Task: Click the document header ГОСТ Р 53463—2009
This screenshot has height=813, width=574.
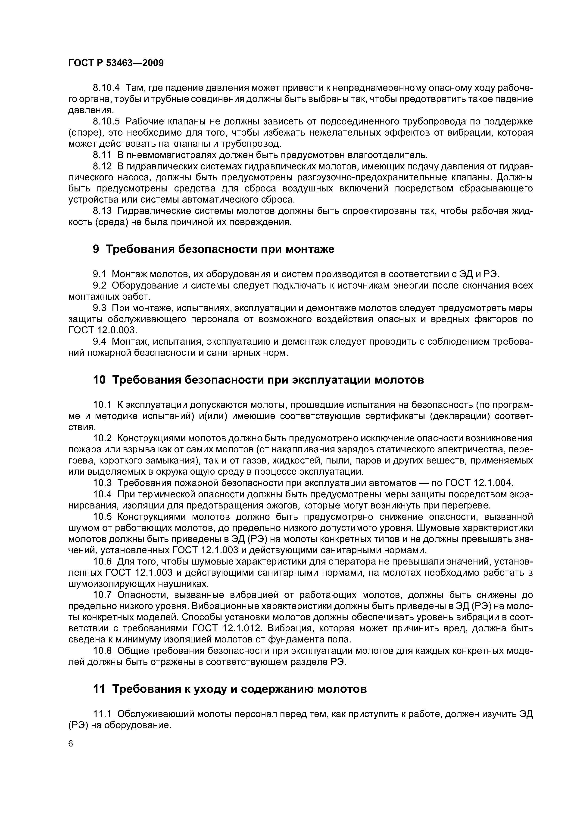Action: pos(116,63)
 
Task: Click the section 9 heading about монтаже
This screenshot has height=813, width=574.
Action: pos(213,249)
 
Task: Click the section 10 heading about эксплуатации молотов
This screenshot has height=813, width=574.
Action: pos(258,380)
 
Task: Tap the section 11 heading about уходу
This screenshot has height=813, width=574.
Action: pos(230,689)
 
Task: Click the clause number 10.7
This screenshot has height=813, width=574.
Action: pos(102,595)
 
